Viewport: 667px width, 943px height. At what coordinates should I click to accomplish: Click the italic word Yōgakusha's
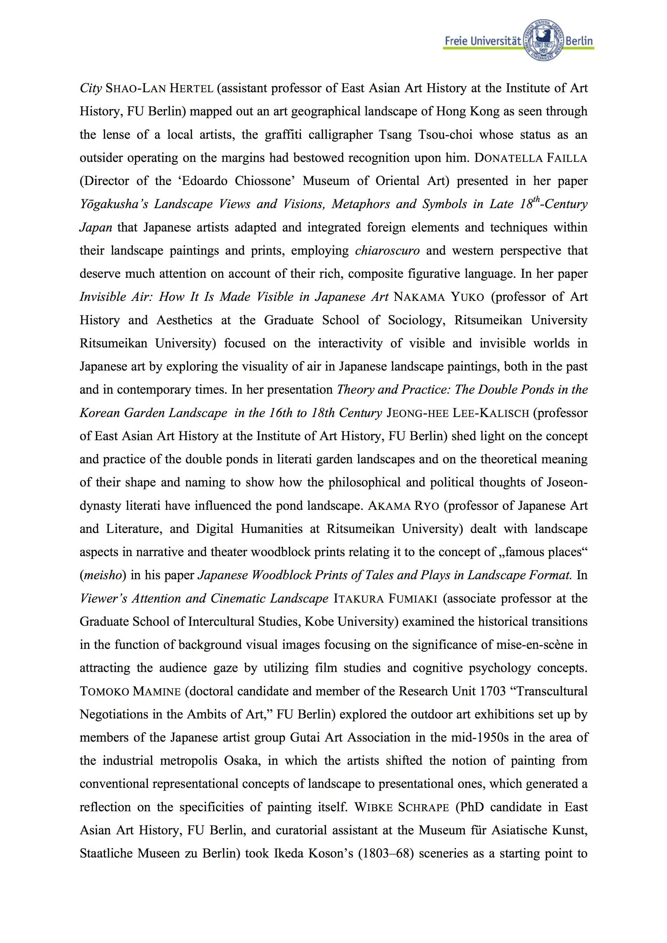(x=114, y=204)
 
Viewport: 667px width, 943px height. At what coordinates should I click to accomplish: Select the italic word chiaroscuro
(x=387, y=251)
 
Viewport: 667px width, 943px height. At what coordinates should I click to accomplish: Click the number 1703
(x=492, y=691)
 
